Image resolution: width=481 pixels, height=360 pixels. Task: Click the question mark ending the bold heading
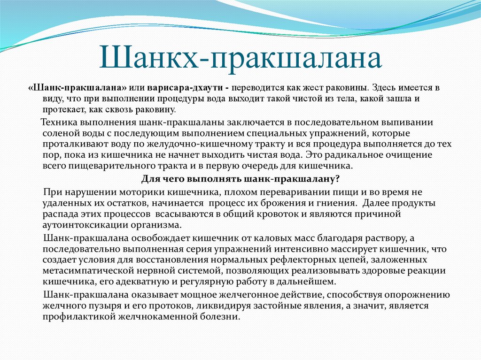[x=337, y=179]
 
